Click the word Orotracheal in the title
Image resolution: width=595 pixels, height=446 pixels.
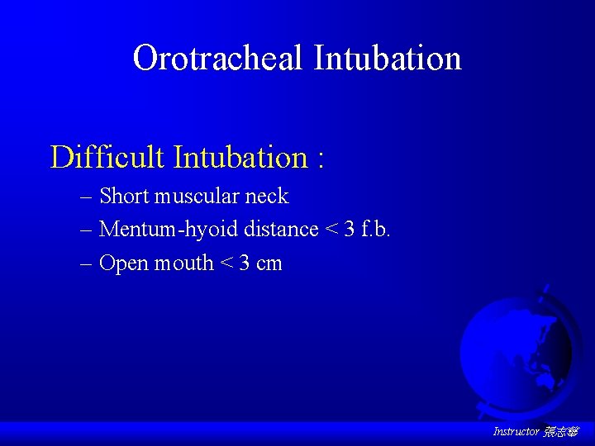pos(218,58)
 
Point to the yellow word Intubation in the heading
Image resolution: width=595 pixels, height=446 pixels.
pos(240,156)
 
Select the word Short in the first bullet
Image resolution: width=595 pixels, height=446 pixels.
pos(123,196)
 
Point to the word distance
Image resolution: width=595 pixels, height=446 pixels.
pos(281,229)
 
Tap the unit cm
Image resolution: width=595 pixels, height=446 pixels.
pos(269,264)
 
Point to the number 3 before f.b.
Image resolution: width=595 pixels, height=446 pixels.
pos(350,229)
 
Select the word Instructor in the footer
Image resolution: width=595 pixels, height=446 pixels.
pos(516,432)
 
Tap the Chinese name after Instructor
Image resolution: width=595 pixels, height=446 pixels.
pos(561,432)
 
